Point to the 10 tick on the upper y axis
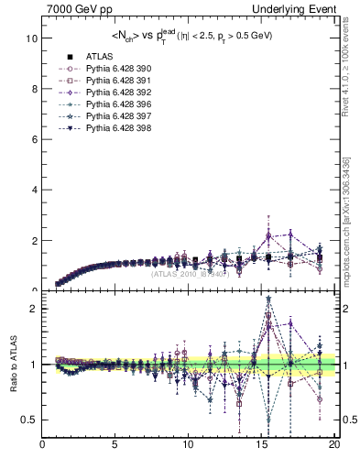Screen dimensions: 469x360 click(x=32, y=39)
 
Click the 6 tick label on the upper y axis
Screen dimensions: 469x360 click(x=34, y=140)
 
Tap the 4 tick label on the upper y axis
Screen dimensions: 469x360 click(x=34, y=191)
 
